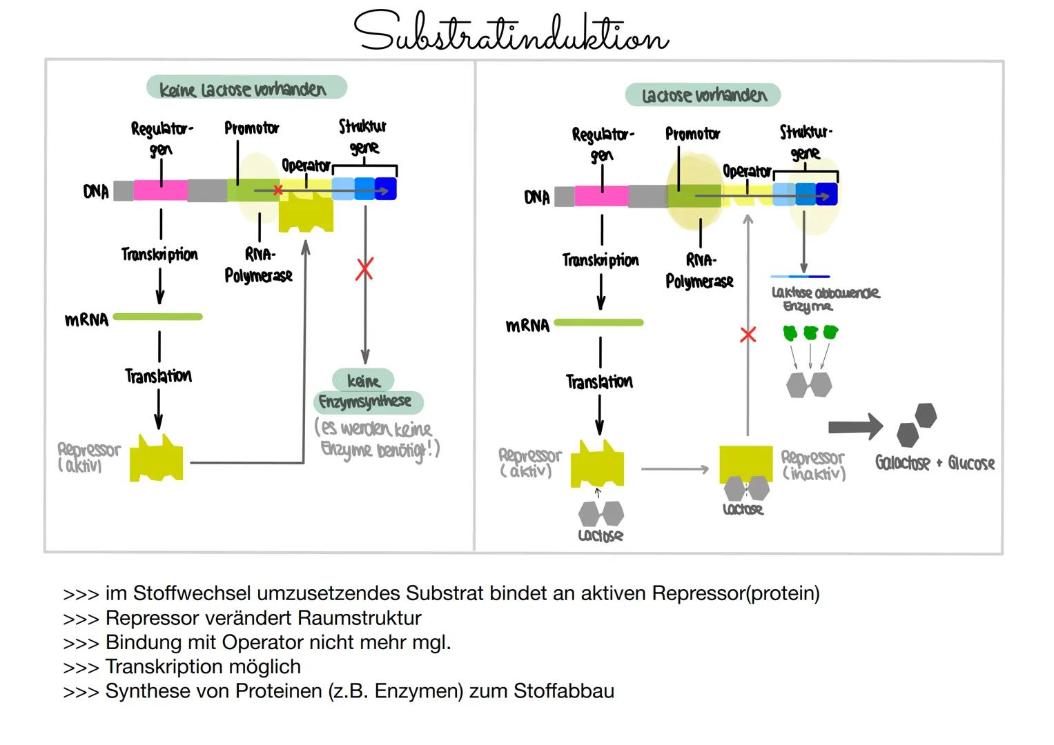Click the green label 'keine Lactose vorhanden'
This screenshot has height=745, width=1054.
(246, 88)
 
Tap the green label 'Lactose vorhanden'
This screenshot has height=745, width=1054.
(703, 95)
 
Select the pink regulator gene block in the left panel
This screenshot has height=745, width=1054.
(160, 190)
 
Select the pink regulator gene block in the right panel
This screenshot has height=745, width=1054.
(601, 196)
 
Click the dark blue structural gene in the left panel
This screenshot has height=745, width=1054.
(386, 189)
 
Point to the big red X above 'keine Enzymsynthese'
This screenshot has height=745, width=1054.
(364, 269)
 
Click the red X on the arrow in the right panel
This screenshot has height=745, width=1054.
(748, 335)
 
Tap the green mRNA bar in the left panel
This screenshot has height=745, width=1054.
(157, 317)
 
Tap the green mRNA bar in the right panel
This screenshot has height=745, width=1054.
(598, 322)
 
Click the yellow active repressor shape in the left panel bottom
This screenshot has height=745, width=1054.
(157, 459)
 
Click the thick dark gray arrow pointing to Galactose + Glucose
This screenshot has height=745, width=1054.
(855, 426)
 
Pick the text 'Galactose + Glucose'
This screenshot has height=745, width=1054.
(935, 463)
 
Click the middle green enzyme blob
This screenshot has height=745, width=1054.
(810, 333)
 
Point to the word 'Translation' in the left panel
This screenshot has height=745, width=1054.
(158, 376)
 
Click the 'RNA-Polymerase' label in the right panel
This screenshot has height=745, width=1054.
(699, 271)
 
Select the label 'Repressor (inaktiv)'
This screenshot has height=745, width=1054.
(813, 466)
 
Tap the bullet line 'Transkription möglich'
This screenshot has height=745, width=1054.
(203, 666)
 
